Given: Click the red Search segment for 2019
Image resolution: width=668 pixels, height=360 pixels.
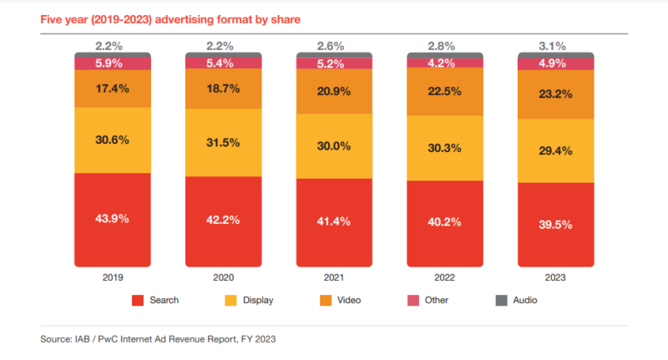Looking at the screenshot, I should click(112, 219).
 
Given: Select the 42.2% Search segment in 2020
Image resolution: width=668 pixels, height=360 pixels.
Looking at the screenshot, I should click(223, 221).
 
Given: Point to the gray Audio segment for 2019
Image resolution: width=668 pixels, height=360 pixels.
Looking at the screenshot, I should click(112, 54).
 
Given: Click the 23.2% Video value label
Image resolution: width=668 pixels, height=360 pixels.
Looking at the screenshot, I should click(556, 94).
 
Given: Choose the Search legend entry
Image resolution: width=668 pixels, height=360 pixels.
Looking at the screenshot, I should click(155, 299).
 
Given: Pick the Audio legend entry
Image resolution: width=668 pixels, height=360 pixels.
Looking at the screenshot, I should click(515, 299).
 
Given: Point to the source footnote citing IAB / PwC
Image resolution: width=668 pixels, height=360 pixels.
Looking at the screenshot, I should click(158, 339).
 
